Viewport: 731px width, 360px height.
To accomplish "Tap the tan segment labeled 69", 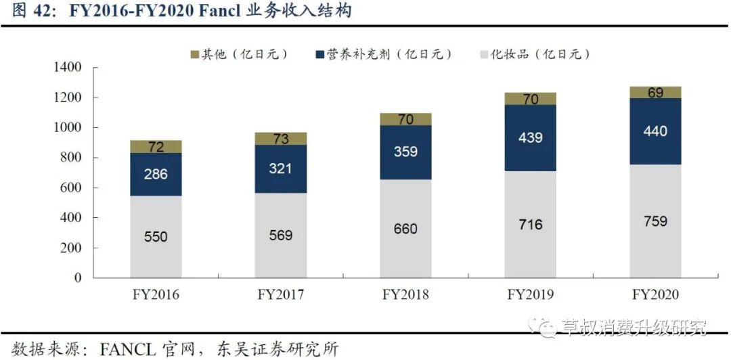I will pyautogui.click(x=655, y=93).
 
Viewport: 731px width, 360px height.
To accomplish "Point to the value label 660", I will pyautogui.click(x=405, y=229).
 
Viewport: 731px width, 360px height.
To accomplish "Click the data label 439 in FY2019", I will pyautogui.click(x=530, y=137).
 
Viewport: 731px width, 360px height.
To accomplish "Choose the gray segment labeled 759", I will pyautogui.click(x=655, y=221).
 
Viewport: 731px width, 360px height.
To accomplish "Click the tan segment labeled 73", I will pyautogui.click(x=280, y=139).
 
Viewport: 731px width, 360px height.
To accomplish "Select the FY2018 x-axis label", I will pyautogui.click(x=405, y=295).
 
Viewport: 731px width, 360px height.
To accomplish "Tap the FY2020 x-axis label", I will pyautogui.click(x=655, y=295).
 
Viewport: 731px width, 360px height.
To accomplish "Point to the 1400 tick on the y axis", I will pyautogui.click(x=68, y=67).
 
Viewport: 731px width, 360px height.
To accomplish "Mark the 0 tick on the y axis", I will pyautogui.click(x=78, y=277).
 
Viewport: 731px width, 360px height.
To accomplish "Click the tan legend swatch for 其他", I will pyautogui.click(x=194, y=54).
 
